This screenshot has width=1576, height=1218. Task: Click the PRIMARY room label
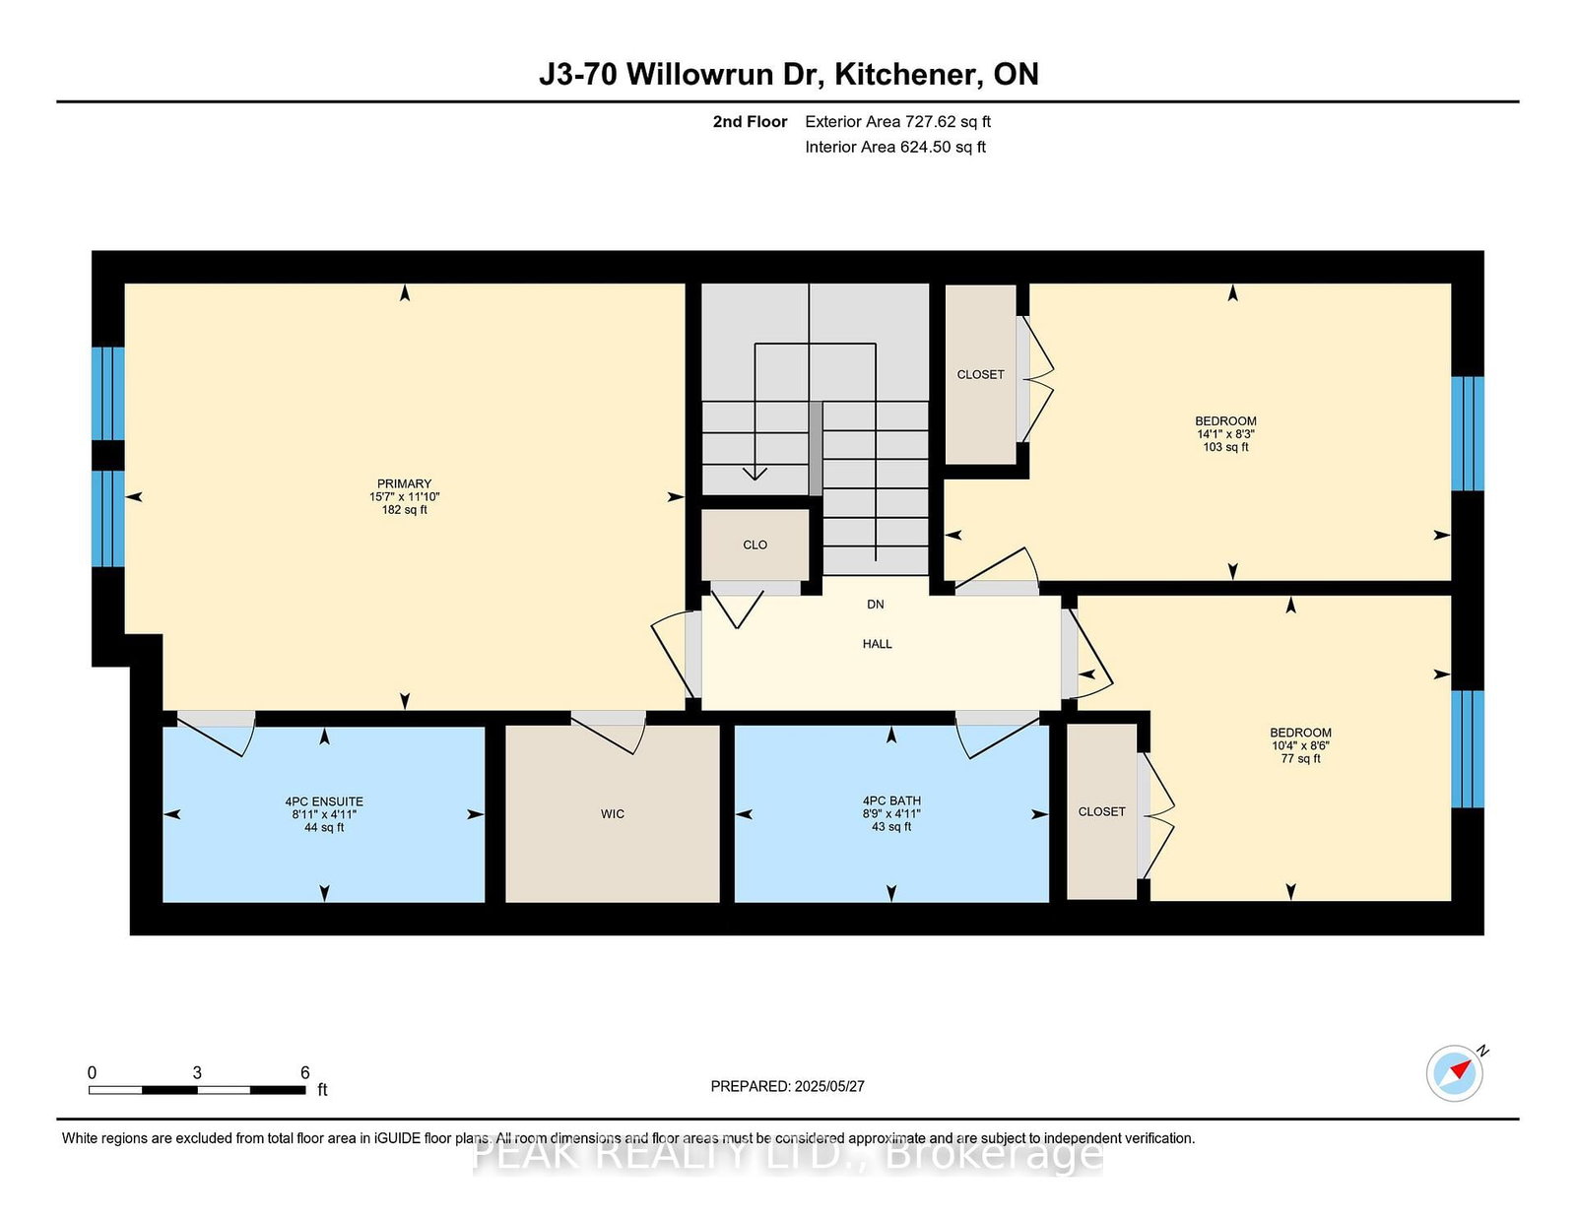coord(404,484)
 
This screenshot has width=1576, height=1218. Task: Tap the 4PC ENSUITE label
coord(324,802)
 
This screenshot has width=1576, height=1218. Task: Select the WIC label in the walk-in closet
coord(612,814)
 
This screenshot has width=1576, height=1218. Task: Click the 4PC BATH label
coord(891,801)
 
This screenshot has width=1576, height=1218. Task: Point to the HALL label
coord(877,644)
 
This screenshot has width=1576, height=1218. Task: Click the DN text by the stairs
coord(875,605)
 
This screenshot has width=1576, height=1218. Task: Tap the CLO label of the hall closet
coord(755,545)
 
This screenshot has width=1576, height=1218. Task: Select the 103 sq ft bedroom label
coord(1225,433)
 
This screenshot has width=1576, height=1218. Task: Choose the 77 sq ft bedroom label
coord(1300,745)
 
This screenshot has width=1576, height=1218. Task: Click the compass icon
coord(1455,1073)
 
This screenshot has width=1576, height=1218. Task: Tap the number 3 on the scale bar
coord(197,1073)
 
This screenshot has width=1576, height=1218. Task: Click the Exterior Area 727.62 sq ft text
coord(897,122)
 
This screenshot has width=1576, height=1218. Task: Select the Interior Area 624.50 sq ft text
coord(895,147)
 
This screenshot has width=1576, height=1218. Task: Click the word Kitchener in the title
coord(905,75)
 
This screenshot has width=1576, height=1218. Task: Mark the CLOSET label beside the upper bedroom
coord(980,375)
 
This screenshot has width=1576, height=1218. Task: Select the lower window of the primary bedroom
coord(107,519)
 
